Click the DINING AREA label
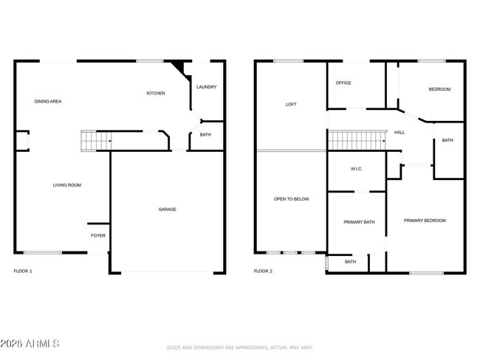(47, 101)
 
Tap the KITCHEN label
(155, 93)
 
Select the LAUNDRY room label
(206, 87)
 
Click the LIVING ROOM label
(66, 185)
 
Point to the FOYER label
(98, 235)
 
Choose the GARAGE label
(167, 209)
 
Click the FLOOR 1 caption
(23, 271)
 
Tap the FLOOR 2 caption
(263, 271)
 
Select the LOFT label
(291, 104)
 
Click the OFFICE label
(343, 83)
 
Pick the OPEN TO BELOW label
(291, 199)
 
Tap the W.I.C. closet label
(356, 169)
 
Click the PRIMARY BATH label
(359, 222)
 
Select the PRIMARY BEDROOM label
(425, 221)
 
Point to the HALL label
(400, 132)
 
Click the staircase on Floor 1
(95, 139)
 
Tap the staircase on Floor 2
(357, 139)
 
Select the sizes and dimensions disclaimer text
(240, 347)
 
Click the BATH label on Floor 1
(205, 135)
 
